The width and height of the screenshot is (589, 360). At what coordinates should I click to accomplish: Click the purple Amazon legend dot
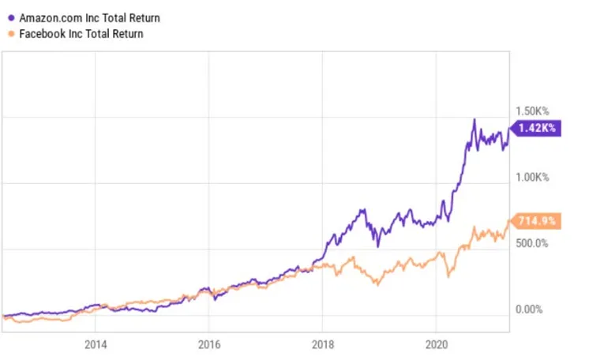11,17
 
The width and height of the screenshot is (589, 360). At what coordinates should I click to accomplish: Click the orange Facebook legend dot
11,34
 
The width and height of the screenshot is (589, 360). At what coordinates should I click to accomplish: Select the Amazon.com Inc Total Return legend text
89,17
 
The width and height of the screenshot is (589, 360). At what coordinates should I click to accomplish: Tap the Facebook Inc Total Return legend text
81,34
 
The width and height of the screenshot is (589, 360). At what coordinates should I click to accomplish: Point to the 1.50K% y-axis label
532,111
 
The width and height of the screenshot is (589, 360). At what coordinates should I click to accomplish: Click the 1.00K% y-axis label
532,178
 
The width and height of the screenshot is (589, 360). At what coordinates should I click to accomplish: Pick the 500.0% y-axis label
532,243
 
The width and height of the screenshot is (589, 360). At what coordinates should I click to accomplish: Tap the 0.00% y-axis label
529,309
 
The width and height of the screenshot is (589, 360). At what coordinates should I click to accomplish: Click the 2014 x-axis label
96,344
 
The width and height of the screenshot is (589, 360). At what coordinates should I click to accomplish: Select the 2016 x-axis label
209,344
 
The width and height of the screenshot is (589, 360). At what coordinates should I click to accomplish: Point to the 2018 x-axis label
323,344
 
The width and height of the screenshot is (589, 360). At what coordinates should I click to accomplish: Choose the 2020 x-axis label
437,344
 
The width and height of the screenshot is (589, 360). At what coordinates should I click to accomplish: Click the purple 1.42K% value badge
536,128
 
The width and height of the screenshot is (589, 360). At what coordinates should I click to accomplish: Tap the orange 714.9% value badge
536,220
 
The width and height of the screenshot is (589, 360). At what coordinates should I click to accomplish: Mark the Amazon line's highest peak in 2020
475,119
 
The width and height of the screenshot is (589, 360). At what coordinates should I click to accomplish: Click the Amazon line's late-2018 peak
363,210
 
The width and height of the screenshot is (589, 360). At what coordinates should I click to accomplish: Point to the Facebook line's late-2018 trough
377,284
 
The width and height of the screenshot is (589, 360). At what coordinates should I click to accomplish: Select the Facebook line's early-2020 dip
448,276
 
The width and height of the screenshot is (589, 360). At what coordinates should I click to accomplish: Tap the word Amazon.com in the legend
51,17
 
